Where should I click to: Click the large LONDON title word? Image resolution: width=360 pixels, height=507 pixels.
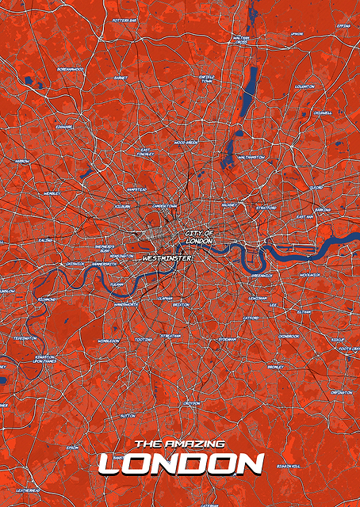180,463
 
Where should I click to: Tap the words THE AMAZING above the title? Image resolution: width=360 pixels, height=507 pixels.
180,444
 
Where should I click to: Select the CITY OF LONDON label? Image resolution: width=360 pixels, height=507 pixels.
198,236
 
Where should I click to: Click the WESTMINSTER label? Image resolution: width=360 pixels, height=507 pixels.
168,257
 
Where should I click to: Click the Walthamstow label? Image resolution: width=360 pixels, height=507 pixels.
251,157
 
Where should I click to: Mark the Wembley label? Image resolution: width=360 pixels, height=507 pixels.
52,193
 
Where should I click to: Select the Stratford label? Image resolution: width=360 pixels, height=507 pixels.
266,208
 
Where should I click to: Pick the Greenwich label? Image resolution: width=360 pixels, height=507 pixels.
261,275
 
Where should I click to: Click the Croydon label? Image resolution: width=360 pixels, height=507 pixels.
192,402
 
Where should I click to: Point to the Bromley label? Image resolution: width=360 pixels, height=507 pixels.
275,367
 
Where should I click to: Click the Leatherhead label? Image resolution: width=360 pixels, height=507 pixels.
28,490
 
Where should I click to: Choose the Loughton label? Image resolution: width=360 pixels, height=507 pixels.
304,86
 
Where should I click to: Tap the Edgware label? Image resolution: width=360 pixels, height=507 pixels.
64,125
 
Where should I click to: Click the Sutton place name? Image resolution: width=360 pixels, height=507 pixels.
128,415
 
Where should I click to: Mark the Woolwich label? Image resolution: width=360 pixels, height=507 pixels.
310,275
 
